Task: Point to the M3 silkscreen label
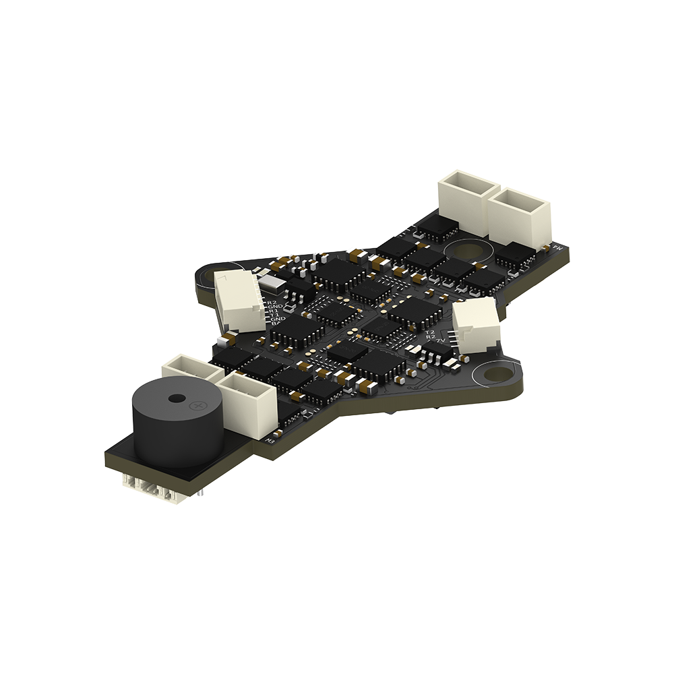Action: [271, 441]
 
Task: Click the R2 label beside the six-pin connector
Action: [272, 303]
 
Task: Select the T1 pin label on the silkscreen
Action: [275, 314]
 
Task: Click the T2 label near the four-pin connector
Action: [429, 332]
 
